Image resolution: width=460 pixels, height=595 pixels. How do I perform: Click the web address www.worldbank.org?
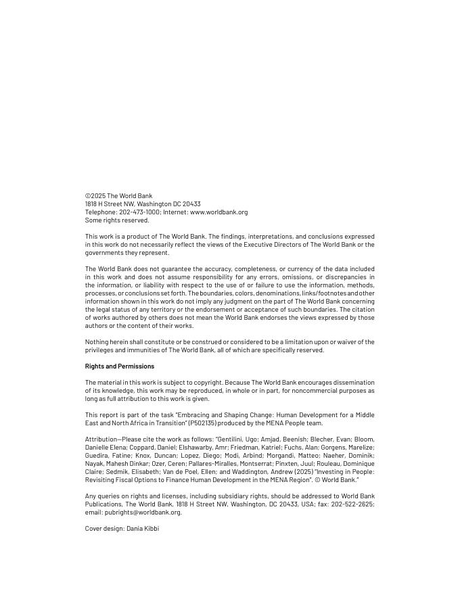[x=218, y=212]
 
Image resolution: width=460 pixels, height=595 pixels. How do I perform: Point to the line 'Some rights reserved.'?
[x=117, y=220]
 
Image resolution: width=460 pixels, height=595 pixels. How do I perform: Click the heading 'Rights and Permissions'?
[x=120, y=366]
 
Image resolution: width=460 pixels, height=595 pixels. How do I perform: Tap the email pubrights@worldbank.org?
[x=143, y=513]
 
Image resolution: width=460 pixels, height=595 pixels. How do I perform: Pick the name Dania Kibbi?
[x=143, y=529]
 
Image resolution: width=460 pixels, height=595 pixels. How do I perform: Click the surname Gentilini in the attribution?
[x=233, y=439]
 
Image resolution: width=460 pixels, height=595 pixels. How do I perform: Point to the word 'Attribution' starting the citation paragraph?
[x=101, y=439]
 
